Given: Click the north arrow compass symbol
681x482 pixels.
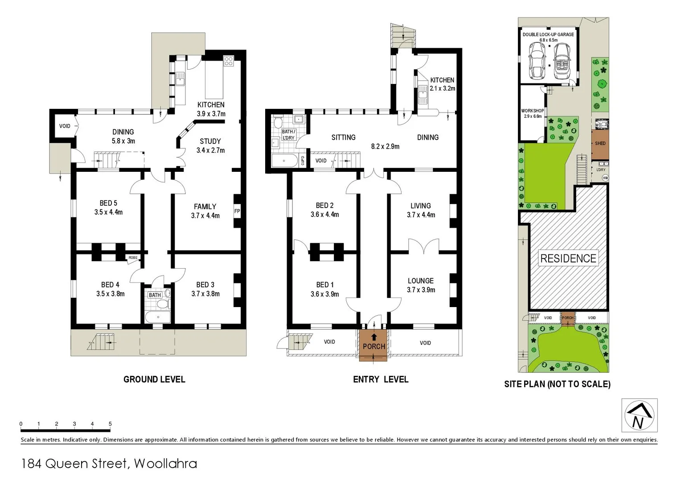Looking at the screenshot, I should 639,416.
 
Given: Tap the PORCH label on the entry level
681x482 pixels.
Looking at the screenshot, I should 373,346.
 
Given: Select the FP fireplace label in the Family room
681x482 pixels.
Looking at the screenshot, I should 237,211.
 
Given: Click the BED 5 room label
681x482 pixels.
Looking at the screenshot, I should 108,203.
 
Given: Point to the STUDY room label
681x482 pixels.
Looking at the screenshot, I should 210,141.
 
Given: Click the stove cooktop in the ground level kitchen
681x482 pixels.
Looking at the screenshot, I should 229,61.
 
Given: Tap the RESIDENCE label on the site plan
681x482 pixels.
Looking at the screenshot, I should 568,258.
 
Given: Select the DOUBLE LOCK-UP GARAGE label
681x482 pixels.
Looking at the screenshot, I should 548,34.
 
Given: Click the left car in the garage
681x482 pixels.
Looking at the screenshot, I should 537,61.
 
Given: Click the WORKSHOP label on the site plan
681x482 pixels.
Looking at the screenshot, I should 532,111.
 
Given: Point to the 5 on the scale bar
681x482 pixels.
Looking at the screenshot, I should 110,424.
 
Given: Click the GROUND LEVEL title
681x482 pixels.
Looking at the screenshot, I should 154,379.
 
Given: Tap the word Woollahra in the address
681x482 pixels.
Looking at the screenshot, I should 165,464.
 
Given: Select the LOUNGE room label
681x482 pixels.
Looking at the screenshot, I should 420,281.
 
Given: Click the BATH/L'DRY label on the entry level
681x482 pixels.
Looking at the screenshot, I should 288,135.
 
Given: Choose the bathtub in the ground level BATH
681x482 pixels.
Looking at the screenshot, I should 158,317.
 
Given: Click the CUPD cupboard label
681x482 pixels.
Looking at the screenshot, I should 303,160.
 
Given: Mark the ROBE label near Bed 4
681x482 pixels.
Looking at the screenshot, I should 133,258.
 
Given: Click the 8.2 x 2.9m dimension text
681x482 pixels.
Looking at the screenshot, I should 385,146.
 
